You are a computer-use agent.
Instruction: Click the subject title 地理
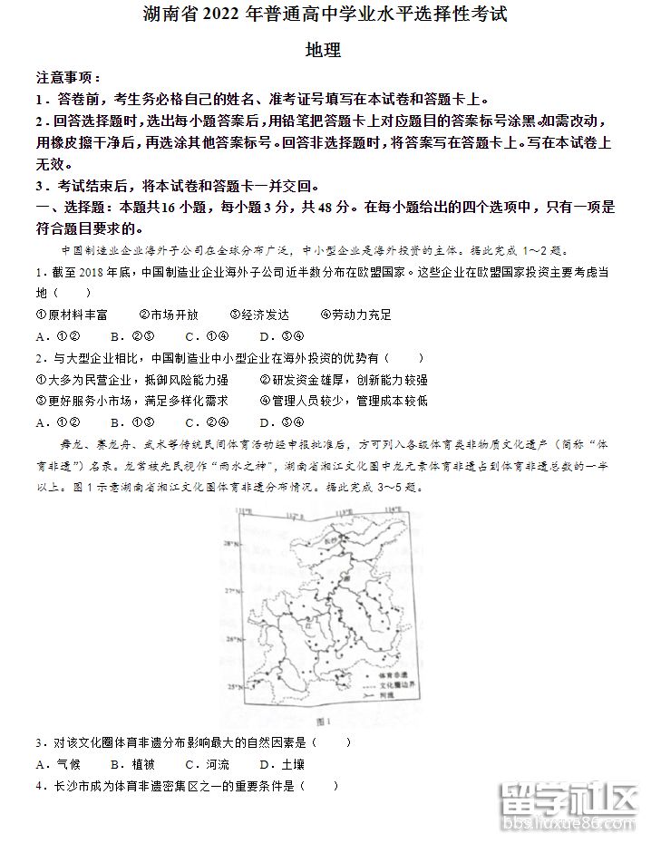pos(325,51)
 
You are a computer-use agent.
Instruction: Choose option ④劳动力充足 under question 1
pos(356,315)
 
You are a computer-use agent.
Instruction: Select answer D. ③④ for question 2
pos(280,421)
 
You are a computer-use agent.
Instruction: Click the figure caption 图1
pos(325,722)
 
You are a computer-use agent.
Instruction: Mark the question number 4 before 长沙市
pos(40,786)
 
